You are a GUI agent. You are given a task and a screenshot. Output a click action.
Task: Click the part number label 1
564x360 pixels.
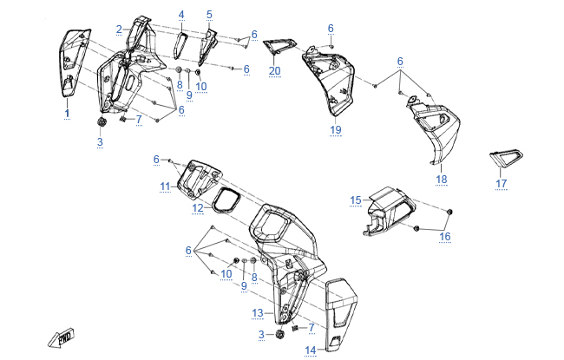[67, 114]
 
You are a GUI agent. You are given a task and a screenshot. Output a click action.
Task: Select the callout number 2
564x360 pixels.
[119, 29]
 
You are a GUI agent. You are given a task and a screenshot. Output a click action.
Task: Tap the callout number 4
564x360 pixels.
[181, 15]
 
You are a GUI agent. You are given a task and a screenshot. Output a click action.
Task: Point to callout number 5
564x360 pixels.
[209, 15]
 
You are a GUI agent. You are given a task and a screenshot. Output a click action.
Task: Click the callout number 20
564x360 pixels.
[274, 70]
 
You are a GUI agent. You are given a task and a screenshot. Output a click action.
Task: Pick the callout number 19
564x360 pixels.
[335, 129]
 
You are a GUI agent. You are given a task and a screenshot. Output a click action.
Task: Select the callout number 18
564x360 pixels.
[442, 179]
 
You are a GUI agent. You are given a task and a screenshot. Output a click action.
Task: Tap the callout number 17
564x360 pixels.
[501, 183]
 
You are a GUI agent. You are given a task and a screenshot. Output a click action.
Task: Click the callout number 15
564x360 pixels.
[356, 200]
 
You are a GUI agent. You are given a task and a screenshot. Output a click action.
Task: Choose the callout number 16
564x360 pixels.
[444, 236]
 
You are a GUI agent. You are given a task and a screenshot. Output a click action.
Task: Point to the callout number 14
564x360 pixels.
[311, 350]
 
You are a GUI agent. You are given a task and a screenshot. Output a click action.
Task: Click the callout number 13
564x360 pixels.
[257, 312]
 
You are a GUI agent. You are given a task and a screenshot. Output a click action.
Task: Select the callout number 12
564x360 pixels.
[198, 207]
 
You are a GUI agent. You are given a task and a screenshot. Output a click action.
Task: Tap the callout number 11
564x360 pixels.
[165, 187]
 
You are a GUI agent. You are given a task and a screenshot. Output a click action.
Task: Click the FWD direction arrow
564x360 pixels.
[62, 337]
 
